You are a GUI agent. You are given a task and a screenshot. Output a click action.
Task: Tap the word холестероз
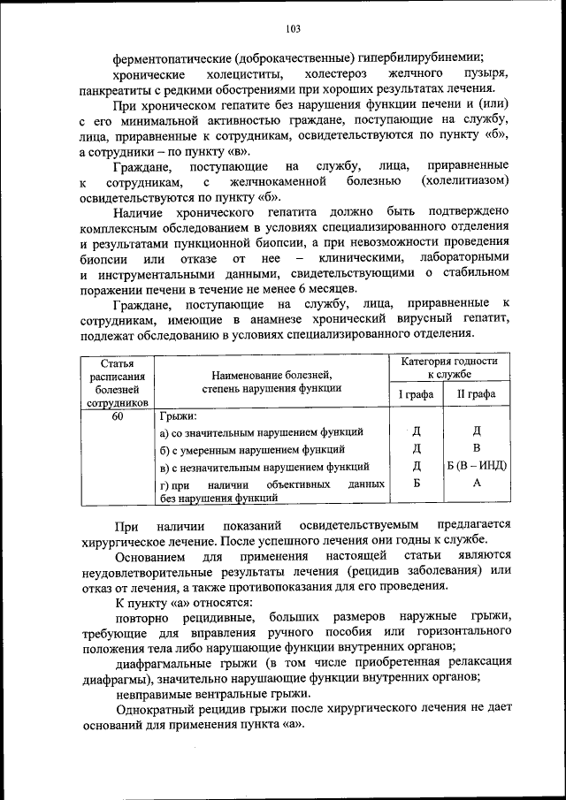[332, 72]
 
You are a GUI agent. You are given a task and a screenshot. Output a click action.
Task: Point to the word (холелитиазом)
[466, 181]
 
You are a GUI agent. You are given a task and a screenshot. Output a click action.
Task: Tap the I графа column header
[416, 394]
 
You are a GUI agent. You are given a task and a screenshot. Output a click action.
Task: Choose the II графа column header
[476, 394]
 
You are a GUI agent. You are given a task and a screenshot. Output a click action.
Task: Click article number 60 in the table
[118, 416]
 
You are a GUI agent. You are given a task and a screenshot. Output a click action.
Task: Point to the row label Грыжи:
[178, 416]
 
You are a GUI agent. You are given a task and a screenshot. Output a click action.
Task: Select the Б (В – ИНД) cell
[476, 466]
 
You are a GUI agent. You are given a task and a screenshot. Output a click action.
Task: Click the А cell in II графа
[476, 484]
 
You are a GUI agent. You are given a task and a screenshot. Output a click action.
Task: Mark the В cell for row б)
[476, 448]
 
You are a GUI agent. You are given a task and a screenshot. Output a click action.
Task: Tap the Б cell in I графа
[416, 484]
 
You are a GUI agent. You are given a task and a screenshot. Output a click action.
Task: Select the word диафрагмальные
[162, 663]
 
